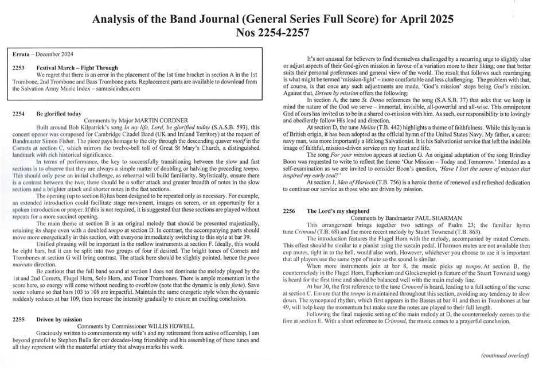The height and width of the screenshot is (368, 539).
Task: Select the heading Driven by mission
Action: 59,319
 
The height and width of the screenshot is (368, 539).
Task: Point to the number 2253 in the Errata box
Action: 18,68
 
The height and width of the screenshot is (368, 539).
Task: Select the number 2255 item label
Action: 18,319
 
